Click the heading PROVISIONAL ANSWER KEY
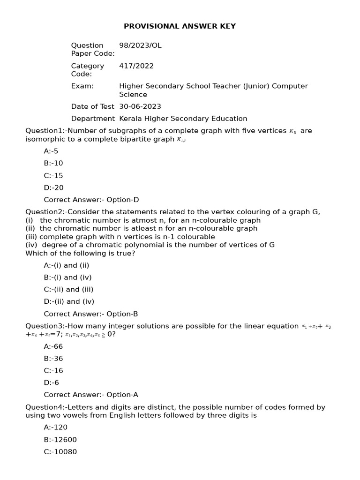tap(180, 26)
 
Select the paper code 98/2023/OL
tap(140, 45)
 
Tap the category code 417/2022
tap(136, 66)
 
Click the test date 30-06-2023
tap(140, 106)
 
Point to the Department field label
tap(92, 119)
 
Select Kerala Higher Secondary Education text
tap(183, 119)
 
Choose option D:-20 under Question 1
tap(53, 187)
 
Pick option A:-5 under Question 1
tap(51, 151)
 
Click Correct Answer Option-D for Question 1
tap(91, 200)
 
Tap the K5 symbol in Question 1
tap(292, 132)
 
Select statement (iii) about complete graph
tap(120, 237)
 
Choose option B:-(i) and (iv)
tap(67, 277)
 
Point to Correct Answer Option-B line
tap(91, 314)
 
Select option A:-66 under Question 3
tap(53, 346)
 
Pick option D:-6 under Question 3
tap(52, 382)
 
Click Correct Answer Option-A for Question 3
tap(91, 395)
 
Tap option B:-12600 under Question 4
tap(60, 440)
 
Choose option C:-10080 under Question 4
tap(60, 452)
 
